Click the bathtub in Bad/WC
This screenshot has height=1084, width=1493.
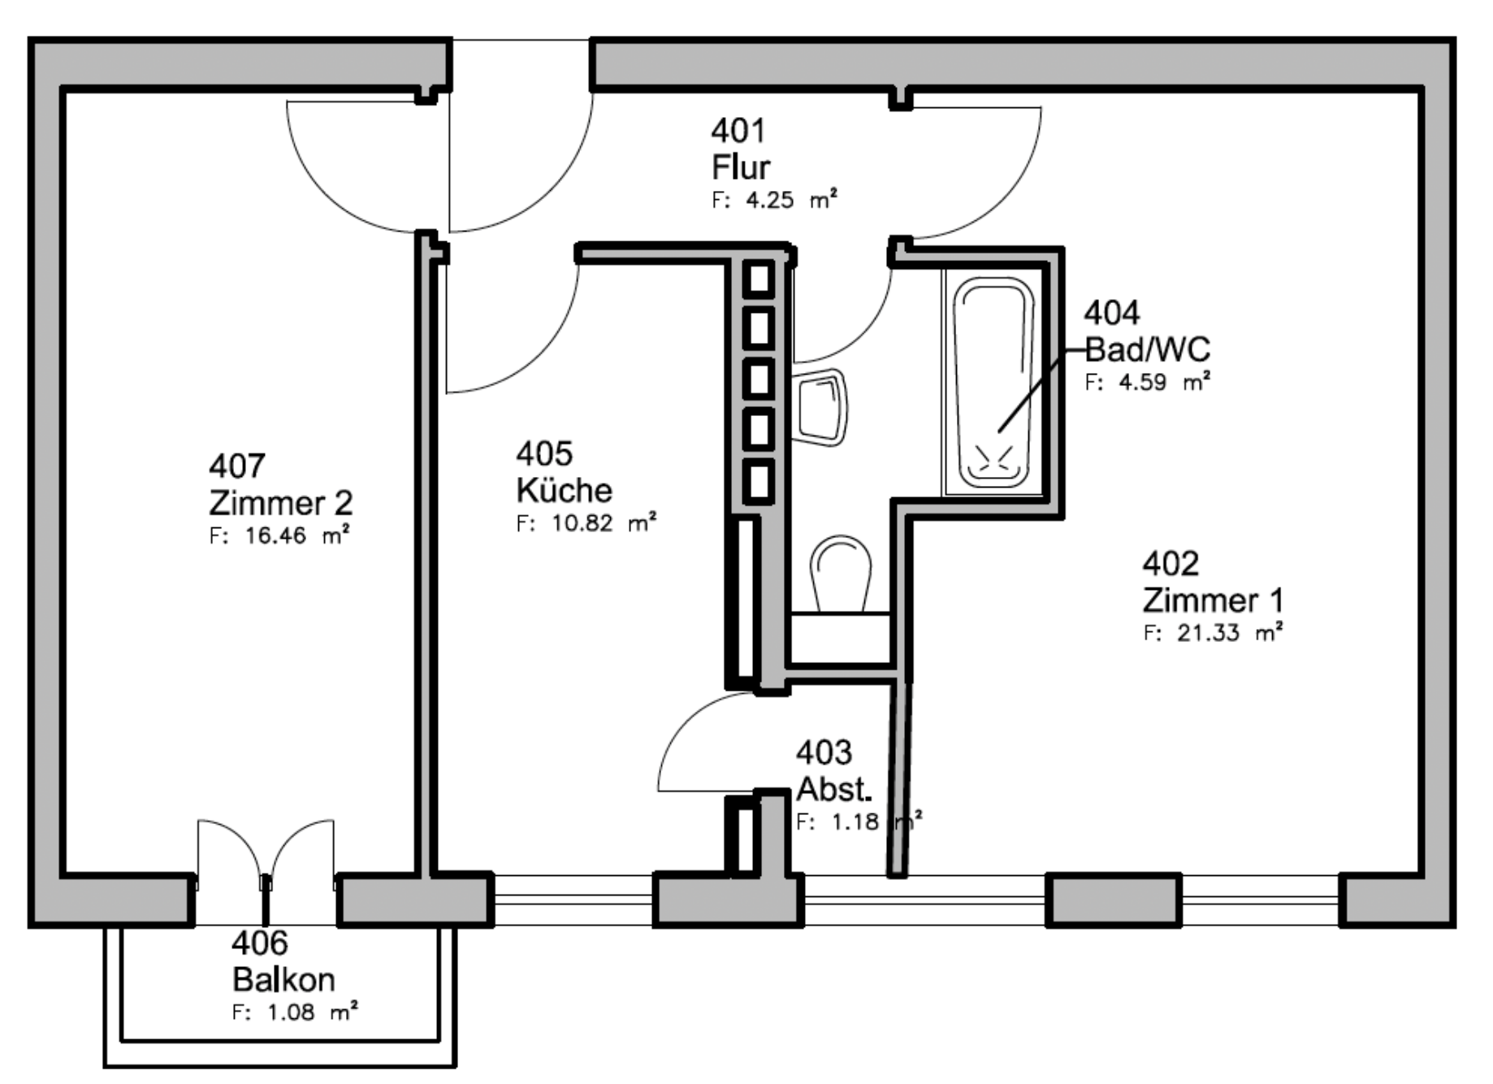(993, 381)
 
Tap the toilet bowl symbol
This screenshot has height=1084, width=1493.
(841, 574)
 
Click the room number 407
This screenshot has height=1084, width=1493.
(237, 466)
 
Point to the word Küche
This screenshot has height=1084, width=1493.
(565, 490)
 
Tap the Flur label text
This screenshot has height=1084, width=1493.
(741, 167)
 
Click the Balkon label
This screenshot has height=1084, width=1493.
(283, 980)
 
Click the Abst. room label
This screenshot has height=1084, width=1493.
(834, 789)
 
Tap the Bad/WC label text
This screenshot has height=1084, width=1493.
(1148, 349)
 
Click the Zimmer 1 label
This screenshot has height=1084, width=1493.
(1214, 601)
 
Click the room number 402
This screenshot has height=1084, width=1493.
(1171, 563)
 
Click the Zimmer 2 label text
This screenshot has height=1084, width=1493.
(281, 503)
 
